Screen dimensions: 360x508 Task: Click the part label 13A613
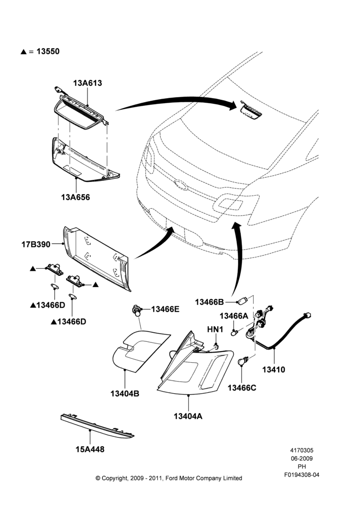point(87,83)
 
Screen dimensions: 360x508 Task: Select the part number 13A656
point(76,197)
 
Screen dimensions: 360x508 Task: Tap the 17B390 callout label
point(36,244)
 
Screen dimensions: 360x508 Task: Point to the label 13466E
point(165,309)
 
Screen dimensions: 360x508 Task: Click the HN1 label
point(216,330)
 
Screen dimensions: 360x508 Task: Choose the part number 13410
point(274,369)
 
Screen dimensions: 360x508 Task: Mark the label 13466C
point(242,388)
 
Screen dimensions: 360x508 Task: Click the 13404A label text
point(188,416)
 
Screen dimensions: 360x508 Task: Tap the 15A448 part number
point(90,450)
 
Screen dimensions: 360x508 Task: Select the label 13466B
point(209,302)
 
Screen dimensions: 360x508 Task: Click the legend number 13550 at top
point(48,51)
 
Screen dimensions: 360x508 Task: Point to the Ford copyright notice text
point(169,478)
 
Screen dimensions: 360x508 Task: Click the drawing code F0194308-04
point(302,475)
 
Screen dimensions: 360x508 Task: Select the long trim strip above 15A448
point(97,426)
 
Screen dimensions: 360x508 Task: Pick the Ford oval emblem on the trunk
point(181,184)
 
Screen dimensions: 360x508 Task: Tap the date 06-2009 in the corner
point(302,458)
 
